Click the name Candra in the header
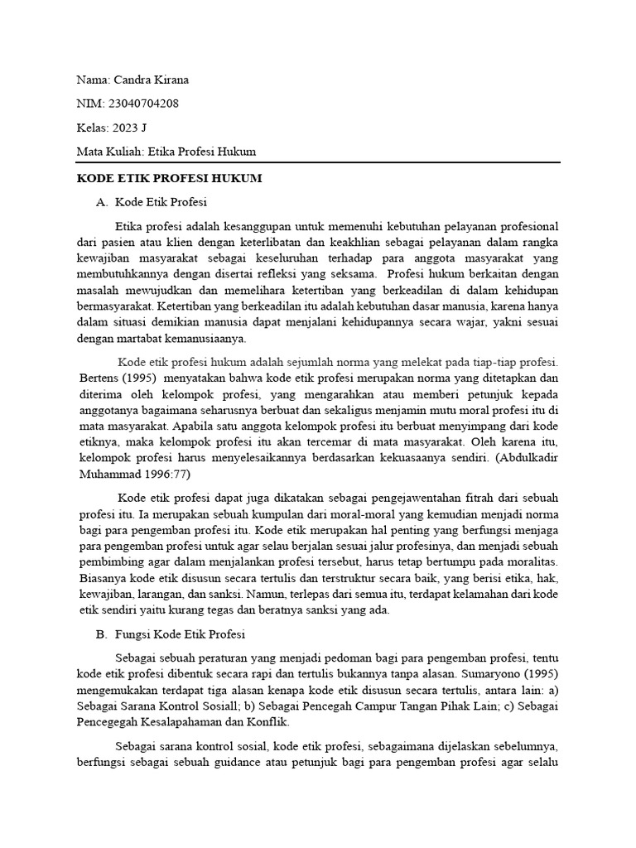point(132,79)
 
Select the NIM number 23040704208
point(142,104)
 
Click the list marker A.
point(103,201)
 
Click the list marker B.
point(103,635)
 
